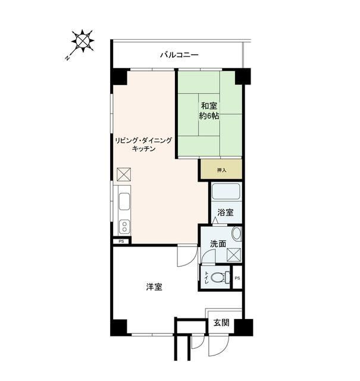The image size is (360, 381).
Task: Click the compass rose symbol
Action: pyautogui.click(x=82, y=42)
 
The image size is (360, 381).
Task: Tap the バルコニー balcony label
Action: pyautogui.click(x=179, y=55)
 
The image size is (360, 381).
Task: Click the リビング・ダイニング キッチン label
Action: pyautogui.click(x=144, y=145)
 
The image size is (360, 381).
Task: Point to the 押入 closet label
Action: pyautogui.click(x=221, y=170)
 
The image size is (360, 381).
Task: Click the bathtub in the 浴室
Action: pyautogui.click(x=226, y=192)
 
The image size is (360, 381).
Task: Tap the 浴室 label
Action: pyautogui.click(x=225, y=213)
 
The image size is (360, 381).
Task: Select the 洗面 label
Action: pyautogui.click(x=218, y=243)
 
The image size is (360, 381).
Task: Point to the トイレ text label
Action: pyautogui.click(x=206, y=276)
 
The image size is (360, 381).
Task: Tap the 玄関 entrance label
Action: pyautogui.click(x=221, y=323)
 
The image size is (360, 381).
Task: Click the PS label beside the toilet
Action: pyautogui.click(x=237, y=279)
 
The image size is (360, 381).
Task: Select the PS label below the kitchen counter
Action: pyautogui.click(x=121, y=241)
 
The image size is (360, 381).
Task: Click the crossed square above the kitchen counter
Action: pyautogui.click(x=123, y=174)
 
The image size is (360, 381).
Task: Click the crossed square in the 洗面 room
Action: pyautogui.click(x=234, y=254)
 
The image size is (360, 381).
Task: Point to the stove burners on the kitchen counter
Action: pyautogui.click(x=124, y=226)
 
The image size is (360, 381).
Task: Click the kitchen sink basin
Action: pyautogui.click(x=124, y=202)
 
